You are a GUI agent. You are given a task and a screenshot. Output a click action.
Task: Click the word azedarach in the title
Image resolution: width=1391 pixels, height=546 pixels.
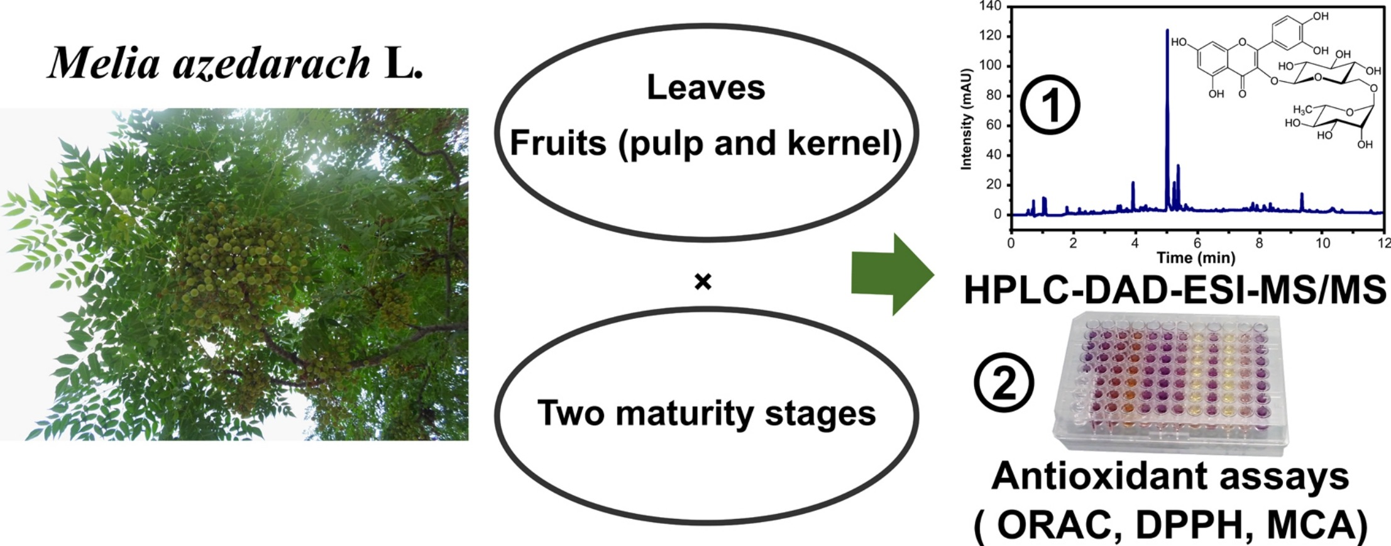pyautogui.click(x=272, y=63)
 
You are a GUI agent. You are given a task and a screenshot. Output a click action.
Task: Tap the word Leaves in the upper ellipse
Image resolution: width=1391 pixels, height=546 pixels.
pyautogui.click(x=705, y=87)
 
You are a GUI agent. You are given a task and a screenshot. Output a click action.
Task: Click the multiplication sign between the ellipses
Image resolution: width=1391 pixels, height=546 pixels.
pyautogui.click(x=703, y=282)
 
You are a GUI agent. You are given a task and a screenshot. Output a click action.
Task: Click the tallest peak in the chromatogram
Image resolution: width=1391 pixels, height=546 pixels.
pyautogui.click(x=1167, y=50)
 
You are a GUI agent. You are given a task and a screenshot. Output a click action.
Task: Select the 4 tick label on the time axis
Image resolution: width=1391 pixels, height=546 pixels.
pyautogui.click(x=1135, y=243)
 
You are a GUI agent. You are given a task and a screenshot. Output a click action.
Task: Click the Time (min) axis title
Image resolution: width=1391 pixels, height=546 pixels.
pyautogui.click(x=1196, y=257)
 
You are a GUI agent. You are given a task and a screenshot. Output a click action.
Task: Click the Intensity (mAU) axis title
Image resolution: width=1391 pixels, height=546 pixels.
pyautogui.click(x=967, y=120)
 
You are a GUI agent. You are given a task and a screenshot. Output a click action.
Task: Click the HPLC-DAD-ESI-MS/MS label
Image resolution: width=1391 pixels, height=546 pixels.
pyautogui.click(x=1174, y=291)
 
